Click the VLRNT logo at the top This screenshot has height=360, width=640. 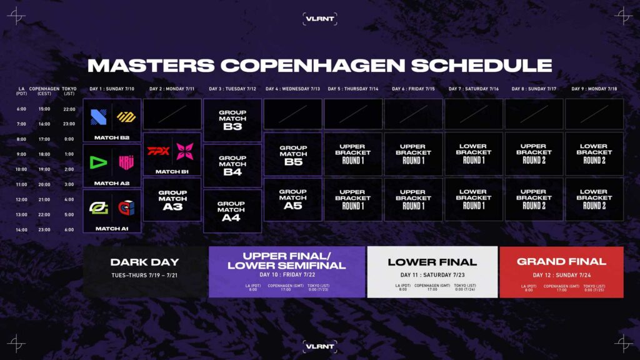coord(320,19)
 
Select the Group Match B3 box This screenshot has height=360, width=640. coord(232,120)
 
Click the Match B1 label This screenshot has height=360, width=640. coord(172,171)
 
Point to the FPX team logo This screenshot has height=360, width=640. coord(158,151)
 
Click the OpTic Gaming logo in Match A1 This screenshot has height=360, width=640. coord(98,208)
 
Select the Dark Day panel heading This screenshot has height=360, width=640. coord(144,262)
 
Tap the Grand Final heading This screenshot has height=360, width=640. coord(561,261)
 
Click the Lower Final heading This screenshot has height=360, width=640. coord(432,262)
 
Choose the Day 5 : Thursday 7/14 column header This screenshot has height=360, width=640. coord(352,89)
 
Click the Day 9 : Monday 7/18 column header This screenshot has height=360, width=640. coord(594,89)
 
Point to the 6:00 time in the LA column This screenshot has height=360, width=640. coord(21,109)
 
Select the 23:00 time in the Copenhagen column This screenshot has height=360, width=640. coord(44,230)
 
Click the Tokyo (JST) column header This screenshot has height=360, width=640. coord(69,91)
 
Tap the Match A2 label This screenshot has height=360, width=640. coord(112,183)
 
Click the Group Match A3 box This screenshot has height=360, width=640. coord(172,199)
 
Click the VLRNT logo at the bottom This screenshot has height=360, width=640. coord(320,345)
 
